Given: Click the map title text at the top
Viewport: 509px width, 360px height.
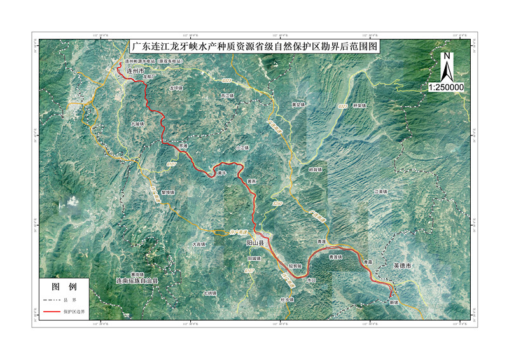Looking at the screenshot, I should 254,46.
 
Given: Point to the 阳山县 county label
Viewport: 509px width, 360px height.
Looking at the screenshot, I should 255,243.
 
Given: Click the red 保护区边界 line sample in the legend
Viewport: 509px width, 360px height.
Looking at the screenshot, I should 52,312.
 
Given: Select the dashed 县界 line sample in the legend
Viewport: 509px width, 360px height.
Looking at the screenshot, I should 52,300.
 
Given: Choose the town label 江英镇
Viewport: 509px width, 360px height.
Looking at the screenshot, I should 382,191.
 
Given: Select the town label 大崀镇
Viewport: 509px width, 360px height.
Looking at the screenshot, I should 199,244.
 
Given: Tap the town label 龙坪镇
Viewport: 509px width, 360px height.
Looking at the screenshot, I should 176,88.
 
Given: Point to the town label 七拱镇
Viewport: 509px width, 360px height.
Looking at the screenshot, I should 210,293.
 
